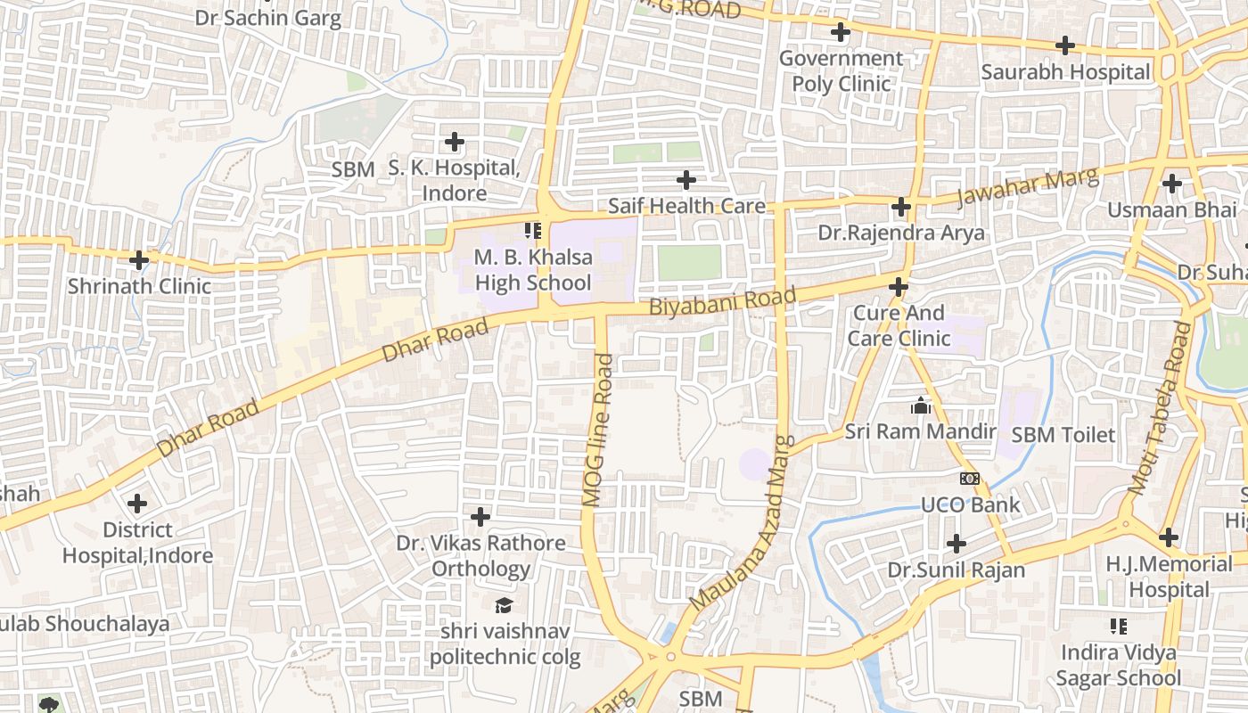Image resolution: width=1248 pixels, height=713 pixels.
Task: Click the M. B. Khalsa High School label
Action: click(x=532, y=270)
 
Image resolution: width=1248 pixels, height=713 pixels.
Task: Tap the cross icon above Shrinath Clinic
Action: click(x=139, y=260)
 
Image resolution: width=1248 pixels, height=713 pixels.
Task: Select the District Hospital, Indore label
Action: click(x=137, y=543)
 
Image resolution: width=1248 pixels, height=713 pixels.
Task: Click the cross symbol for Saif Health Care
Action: click(x=686, y=180)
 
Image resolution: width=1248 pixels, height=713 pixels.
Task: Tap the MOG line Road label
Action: click(x=598, y=430)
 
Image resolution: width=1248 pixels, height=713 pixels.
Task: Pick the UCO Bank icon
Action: click(x=970, y=479)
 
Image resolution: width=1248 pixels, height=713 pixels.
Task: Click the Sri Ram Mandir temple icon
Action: click(x=921, y=406)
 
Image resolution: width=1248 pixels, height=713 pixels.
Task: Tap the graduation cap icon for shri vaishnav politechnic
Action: click(x=505, y=605)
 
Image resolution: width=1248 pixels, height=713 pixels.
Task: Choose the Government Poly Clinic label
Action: click(x=841, y=71)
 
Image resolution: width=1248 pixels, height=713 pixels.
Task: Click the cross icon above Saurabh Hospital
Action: click(x=1064, y=45)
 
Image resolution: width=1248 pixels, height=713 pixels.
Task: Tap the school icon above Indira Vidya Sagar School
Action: click(x=1118, y=627)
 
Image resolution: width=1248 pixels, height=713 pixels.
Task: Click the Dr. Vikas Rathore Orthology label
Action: click(x=480, y=555)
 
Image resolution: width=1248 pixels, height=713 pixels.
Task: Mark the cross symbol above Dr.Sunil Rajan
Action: click(x=956, y=543)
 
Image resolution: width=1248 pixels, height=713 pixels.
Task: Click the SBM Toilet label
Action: click(x=1063, y=435)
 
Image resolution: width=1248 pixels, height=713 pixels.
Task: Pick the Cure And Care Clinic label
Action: click(x=899, y=325)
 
